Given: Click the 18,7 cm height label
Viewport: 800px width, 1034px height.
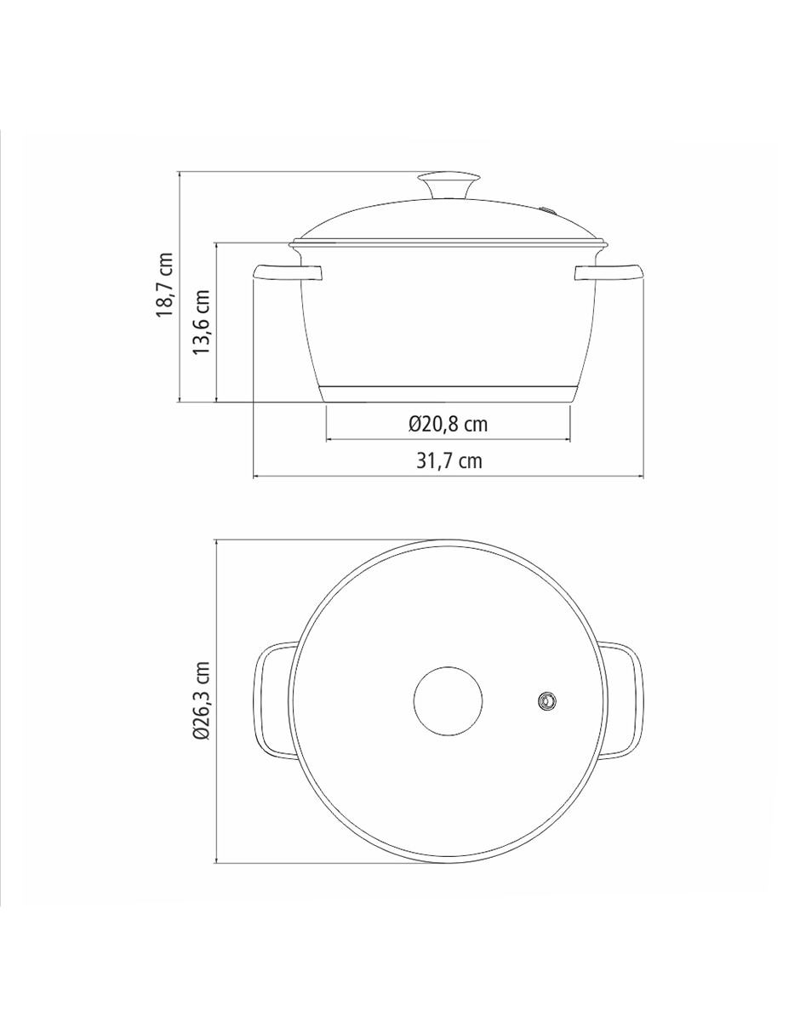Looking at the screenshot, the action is [165, 285].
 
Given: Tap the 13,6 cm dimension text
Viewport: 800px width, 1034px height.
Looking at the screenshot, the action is [201, 322].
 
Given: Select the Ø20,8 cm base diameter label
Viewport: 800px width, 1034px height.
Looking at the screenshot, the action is [448, 424].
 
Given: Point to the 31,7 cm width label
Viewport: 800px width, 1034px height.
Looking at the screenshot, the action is [449, 460].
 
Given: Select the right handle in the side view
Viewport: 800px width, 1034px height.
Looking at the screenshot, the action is [609, 272].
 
